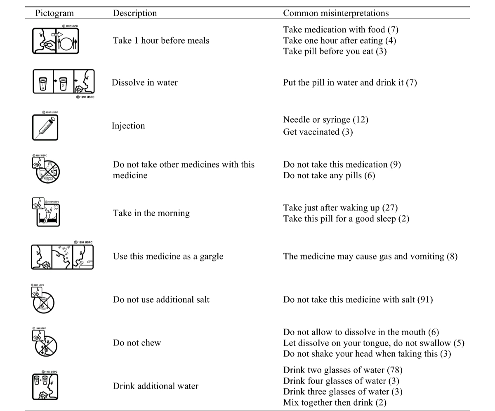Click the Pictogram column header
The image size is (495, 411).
(54, 13)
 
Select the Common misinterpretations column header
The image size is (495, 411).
(336, 13)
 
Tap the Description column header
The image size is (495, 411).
(135, 13)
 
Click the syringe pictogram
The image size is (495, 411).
(45, 127)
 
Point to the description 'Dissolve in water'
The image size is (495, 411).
(145, 82)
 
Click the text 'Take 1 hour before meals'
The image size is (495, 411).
(161, 40)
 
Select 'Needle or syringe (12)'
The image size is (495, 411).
(326, 119)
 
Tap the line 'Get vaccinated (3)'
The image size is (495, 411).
(318, 132)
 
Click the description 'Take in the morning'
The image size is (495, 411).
(151, 213)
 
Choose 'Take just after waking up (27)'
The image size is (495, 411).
(341, 208)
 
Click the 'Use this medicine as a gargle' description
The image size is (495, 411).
(168, 256)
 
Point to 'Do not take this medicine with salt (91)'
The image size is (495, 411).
(358, 299)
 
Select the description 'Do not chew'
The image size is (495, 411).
(137, 343)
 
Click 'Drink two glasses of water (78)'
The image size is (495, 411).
(343, 370)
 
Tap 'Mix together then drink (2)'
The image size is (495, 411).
(335, 402)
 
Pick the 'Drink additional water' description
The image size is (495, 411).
(156, 386)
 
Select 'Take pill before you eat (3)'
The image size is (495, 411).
(335, 51)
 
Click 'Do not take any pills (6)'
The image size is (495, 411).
(329, 175)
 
